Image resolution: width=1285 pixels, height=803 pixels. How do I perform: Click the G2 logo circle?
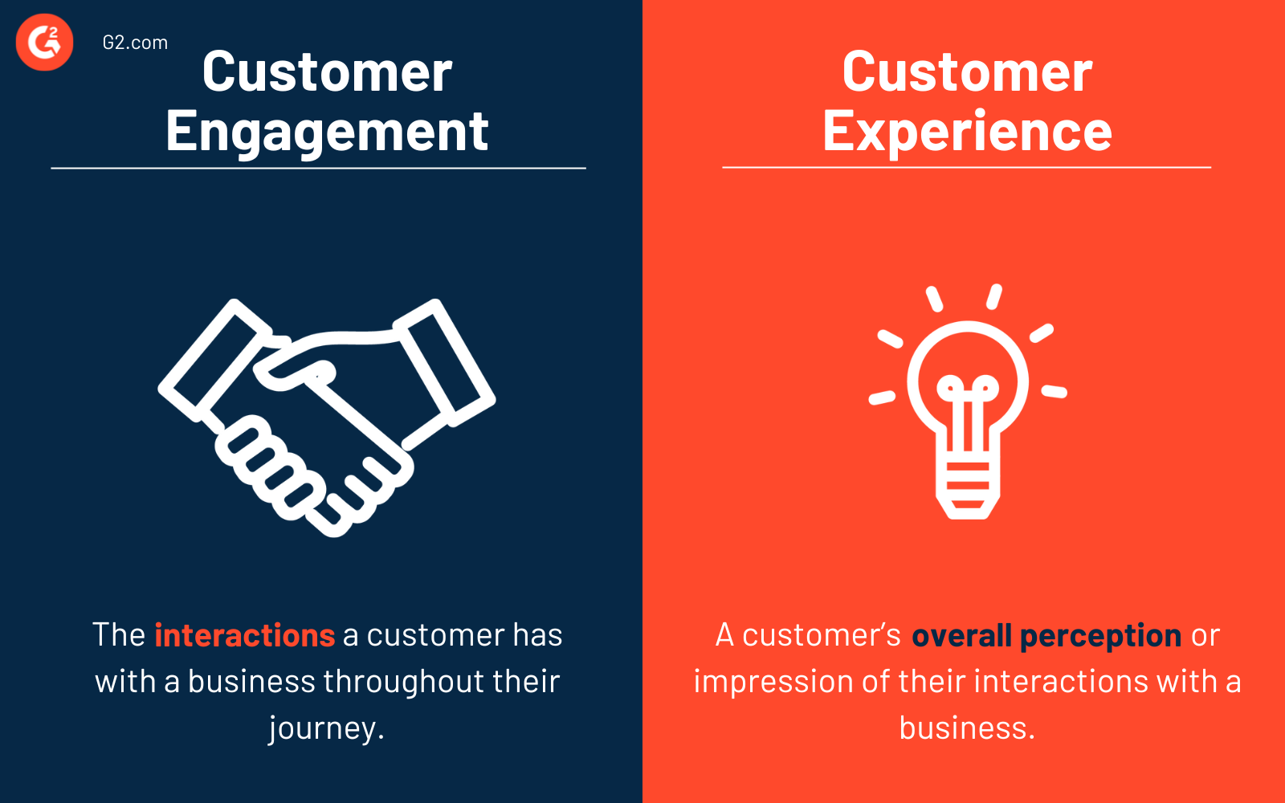(45, 42)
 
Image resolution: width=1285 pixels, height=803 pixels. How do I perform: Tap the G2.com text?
(135, 43)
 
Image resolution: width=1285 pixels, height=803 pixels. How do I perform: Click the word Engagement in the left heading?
(327, 132)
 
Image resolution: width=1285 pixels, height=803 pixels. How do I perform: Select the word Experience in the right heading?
(967, 132)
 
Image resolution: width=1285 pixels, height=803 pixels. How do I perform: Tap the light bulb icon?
(968, 401)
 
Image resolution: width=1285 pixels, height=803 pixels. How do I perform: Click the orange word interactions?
(244, 635)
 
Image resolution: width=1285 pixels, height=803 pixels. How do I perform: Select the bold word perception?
(1100, 636)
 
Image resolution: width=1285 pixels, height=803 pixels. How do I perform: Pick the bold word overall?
(961, 635)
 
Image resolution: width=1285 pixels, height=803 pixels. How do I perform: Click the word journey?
(325, 728)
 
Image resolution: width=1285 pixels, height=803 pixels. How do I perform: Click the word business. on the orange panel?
(967, 728)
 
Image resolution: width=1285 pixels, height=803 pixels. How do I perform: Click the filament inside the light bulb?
(968, 401)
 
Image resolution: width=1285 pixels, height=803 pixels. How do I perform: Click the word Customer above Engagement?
(327, 72)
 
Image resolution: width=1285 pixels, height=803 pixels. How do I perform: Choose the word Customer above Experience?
(967, 72)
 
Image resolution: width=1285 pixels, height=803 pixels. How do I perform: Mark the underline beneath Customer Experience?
(966, 167)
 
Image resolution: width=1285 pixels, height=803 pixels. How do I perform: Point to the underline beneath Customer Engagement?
(318, 168)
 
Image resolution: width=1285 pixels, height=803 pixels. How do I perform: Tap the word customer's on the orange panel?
(821, 635)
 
